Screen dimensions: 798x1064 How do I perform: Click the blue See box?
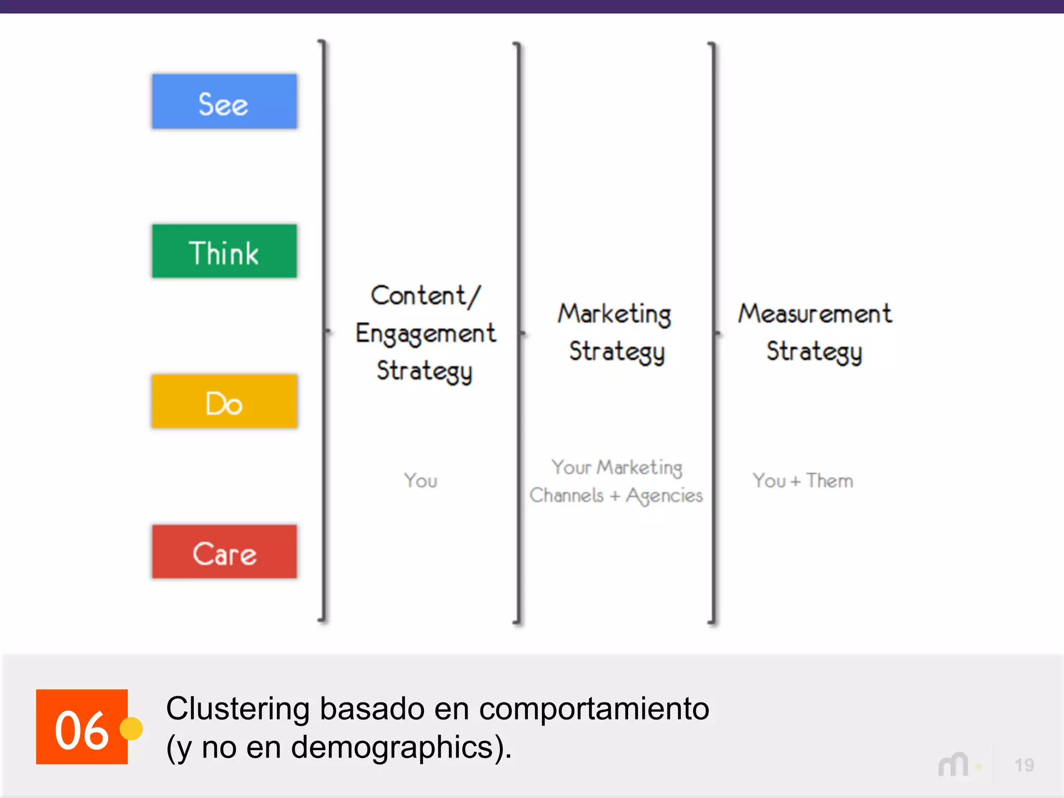pyautogui.click(x=224, y=102)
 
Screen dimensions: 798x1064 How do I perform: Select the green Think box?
pyautogui.click(x=224, y=251)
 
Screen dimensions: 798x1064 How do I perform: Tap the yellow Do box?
pyautogui.click(x=224, y=402)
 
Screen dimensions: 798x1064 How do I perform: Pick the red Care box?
pyautogui.click(x=224, y=552)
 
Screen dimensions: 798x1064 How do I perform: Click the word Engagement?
pyautogui.click(x=425, y=334)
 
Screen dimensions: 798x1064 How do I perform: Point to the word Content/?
pyautogui.click(x=425, y=296)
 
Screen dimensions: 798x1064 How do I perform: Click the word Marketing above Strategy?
pyautogui.click(x=615, y=314)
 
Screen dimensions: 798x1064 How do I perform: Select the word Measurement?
pyautogui.click(x=815, y=314)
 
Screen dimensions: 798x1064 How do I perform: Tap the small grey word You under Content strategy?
pyautogui.click(x=421, y=481)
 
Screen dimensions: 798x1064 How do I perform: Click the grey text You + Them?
pyautogui.click(x=803, y=481)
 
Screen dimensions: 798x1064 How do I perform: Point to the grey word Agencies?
pyautogui.click(x=664, y=496)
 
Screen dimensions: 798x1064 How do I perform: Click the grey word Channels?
pyautogui.click(x=566, y=495)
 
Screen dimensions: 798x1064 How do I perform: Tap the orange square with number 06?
pyautogui.click(x=82, y=727)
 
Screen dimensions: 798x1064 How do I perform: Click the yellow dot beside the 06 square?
pyautogui.click(x=131, y=728)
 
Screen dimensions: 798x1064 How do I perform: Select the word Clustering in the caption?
pyautogui.click(x=237, y=709)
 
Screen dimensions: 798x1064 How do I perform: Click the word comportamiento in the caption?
pyautogui.click(x=594, y=709)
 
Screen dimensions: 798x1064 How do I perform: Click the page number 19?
pyautogui.click(x=1024, y=765)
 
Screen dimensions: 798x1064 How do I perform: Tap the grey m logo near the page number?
pyautogui.click(x=953, y=765)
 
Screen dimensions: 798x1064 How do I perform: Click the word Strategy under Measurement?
pyautogui.click(x=814, y=352)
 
